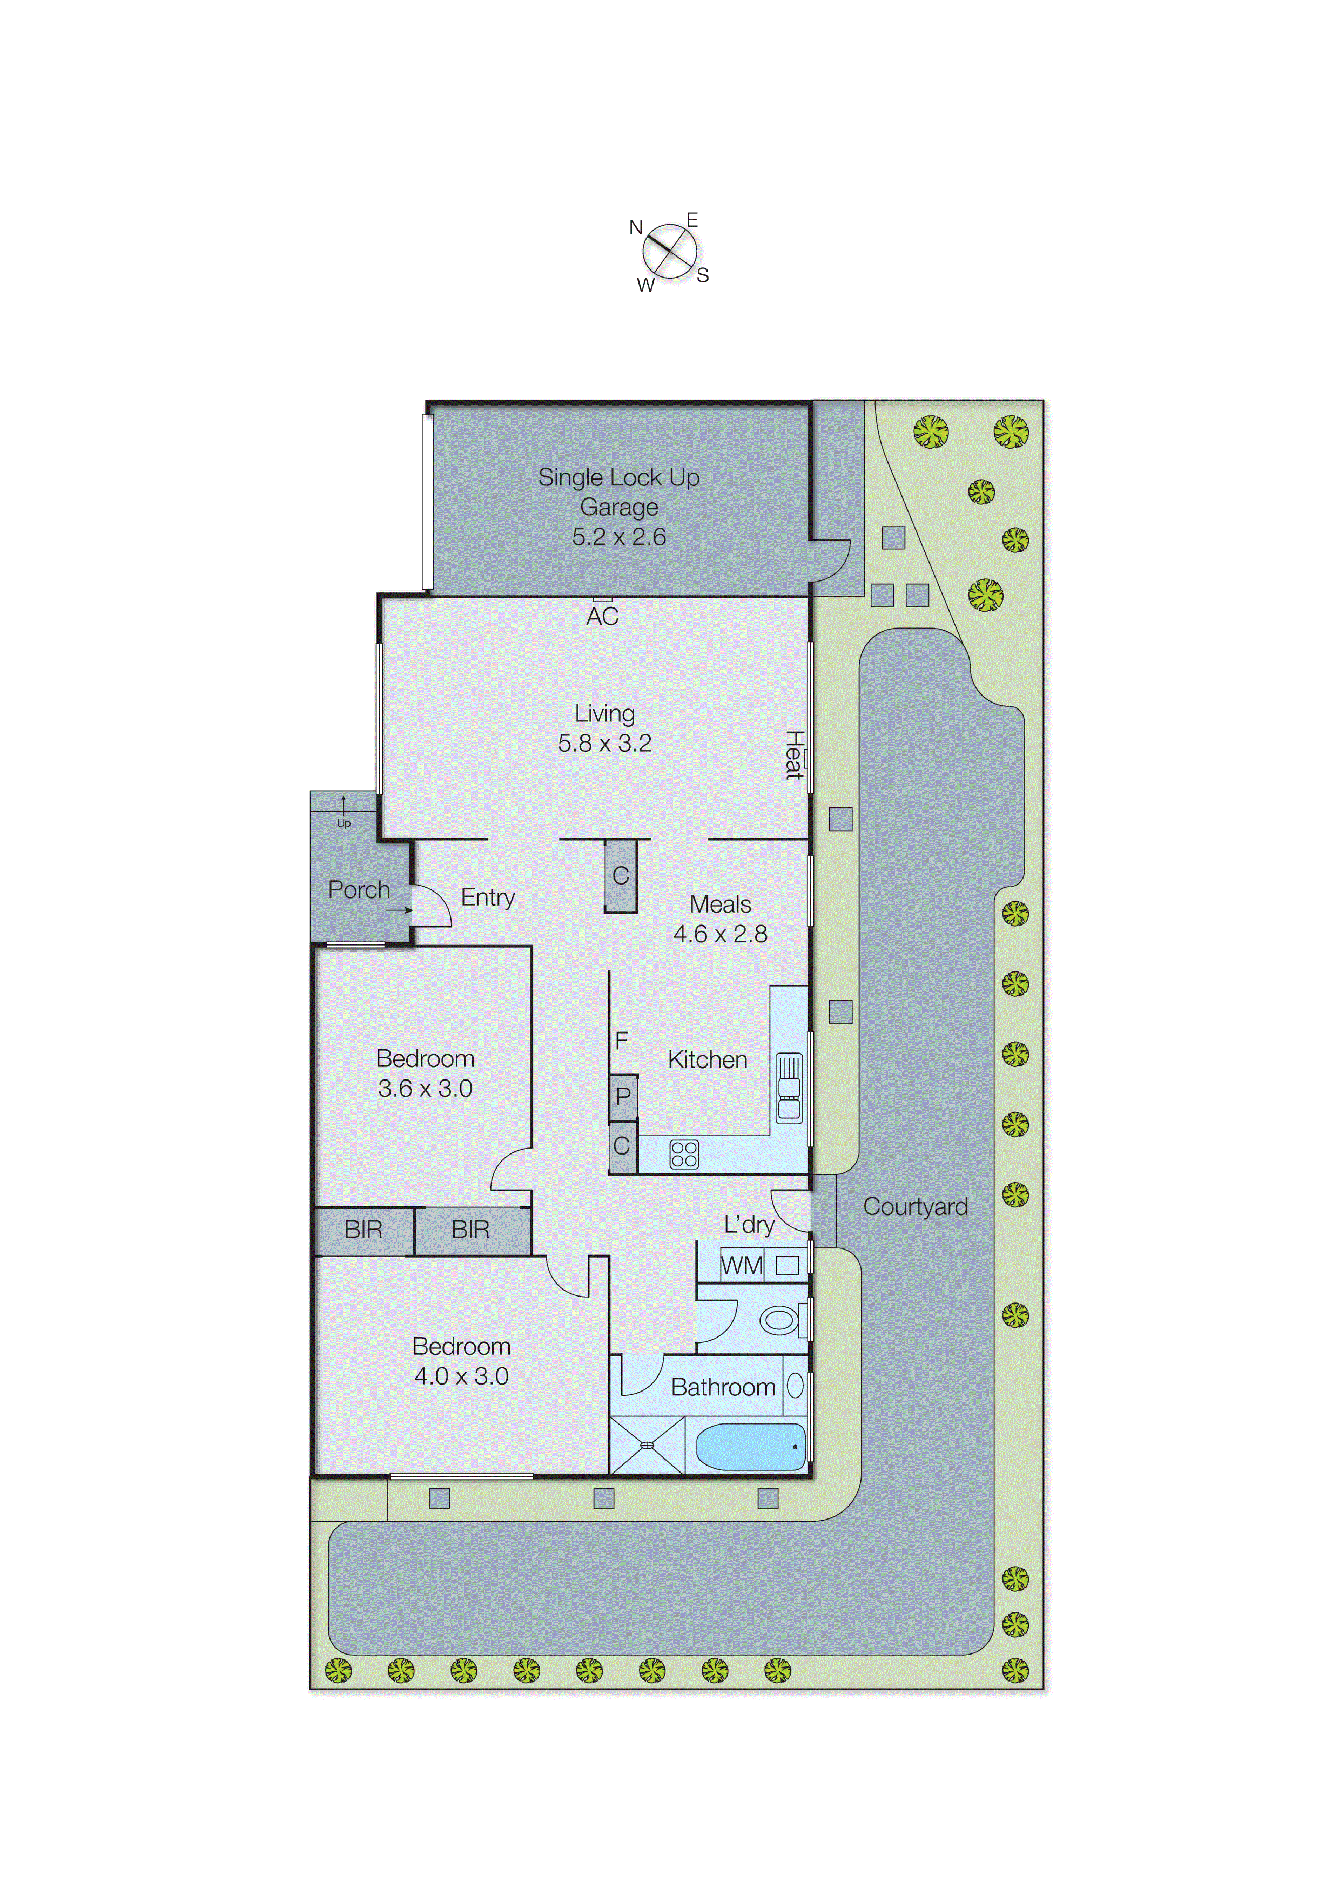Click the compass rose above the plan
tap(670, 252)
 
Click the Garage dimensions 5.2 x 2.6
tap(618, 537)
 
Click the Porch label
tap(359, 890)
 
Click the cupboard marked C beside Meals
tap(621, 875)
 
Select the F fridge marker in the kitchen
tap(622, 1041)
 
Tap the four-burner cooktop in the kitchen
tap(683, 1154)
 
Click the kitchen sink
tap(789, 1088)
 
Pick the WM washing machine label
tap(741, 1265)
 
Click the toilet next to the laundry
tap(778, 1320)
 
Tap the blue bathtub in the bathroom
tap(750, 1447)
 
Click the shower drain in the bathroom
tap(647, 1445)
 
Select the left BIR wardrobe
tap(364, 1230)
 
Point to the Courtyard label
tap(915, 1207)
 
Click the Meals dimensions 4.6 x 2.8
tap(720, 934)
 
